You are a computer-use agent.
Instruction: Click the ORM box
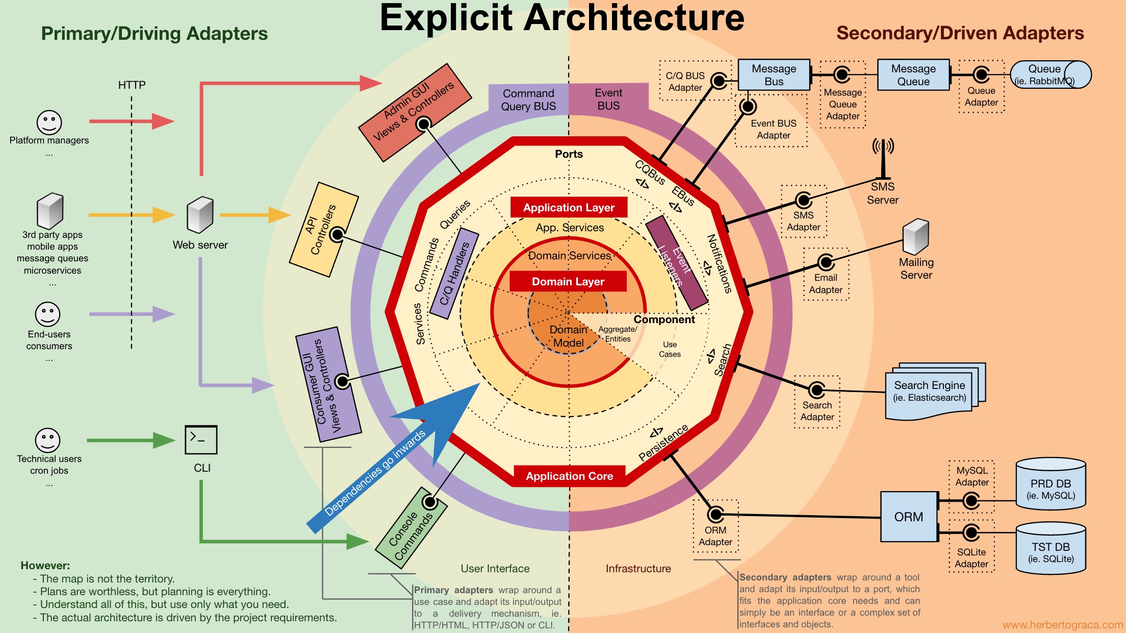(x=909, y=517)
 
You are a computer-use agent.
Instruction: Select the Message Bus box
(x=774, y=75)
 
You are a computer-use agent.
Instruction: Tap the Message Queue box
(x=913, y=75)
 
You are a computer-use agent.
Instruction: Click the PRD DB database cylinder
(x=1051, y=483)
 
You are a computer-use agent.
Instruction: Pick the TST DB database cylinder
(x=1051, y=548)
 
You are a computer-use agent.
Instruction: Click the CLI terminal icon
(x=201, y=440)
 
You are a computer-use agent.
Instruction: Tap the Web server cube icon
(x=200, y=214)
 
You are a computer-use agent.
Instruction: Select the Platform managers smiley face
(x=49, y=123)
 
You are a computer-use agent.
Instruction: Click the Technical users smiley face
(x=47, y=440)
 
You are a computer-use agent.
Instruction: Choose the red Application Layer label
(x=569, y=207)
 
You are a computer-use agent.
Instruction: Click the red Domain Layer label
(x=568, y=281)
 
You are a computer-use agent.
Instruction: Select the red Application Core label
(x=569, y=476)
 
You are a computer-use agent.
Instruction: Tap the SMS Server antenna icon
(x=883, y=158)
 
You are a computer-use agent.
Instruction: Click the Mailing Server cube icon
(x=916, y=237)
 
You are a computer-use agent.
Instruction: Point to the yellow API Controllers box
(x=324, y=230)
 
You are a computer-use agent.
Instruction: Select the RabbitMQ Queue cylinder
(x=1051, y=75)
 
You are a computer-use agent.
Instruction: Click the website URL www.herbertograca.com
(x=1063, y=625)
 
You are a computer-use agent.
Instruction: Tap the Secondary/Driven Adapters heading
(x=960, y=33)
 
